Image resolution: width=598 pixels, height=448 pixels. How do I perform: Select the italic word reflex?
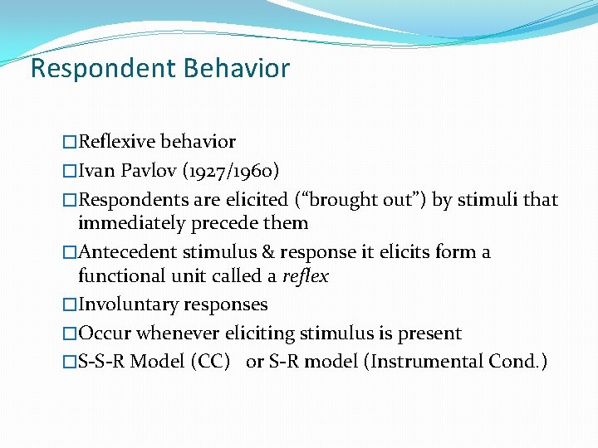(305, 276)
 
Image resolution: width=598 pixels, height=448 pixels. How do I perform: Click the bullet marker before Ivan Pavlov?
(70, 172)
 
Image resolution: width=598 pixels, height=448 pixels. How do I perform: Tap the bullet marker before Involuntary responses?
(70, 305)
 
